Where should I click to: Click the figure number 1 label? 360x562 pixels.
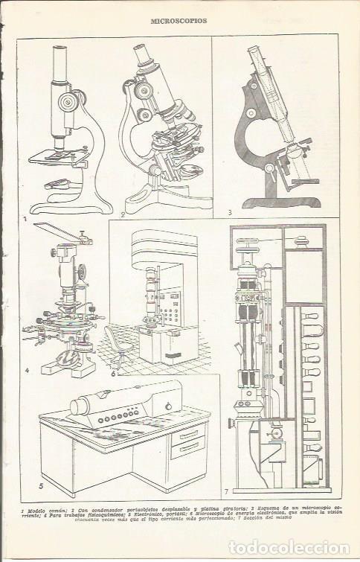coord(25,220)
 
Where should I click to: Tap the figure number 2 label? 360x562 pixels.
coord(122,214)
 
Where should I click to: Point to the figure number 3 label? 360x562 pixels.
coord(231,213)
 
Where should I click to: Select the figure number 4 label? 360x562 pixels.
coord(27,369)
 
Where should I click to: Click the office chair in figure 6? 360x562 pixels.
coord(117,345)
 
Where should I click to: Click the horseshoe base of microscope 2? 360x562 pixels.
coord(160,201)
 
